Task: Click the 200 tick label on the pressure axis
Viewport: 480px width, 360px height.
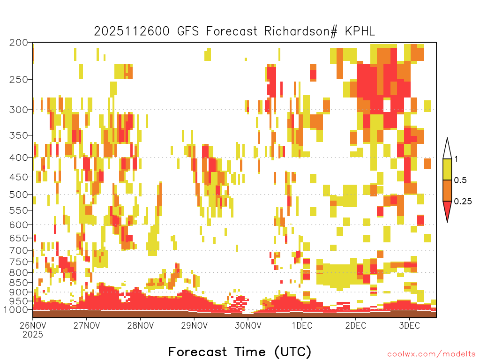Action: (18, 43)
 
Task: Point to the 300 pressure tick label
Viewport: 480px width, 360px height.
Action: (18, 110)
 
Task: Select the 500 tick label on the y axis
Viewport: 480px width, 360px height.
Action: (18, 195)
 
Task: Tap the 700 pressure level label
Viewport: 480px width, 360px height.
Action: (18, 250)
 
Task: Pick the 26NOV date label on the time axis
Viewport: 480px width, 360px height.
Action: (33, 325)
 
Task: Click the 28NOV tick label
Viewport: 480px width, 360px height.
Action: (141, 325)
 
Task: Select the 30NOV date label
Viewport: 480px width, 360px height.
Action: (248, 325)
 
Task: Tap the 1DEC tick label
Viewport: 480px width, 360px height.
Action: (302, 325)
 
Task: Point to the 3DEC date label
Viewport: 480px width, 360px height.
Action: (410, 325)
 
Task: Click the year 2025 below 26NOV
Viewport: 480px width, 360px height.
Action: (33, 335)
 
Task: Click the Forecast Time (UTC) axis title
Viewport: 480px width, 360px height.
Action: (240, 352)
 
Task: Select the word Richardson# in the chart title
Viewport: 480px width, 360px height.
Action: (301, 31)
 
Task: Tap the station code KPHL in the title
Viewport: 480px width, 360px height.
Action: (360, 31)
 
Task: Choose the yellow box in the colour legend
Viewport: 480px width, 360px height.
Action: (447, 169)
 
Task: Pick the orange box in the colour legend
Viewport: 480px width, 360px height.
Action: (447, 190)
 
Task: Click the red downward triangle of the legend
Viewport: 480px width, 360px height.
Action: (447, 210)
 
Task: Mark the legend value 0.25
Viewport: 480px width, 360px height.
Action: (463, 202)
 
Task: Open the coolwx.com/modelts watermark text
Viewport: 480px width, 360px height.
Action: (432, 354)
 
